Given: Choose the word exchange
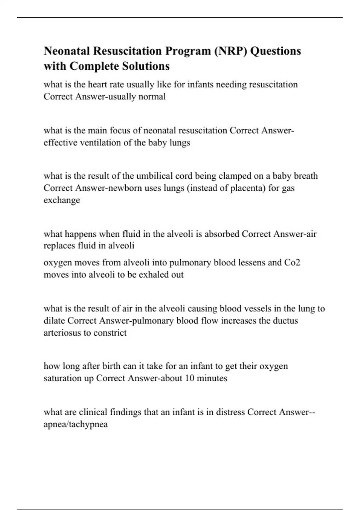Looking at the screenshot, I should click(62, 200).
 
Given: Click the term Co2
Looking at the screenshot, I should click(292, 262).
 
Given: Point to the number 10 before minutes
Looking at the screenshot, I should click(190, 378).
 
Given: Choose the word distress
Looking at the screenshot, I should click(230, 412).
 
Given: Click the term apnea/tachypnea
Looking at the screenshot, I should click(76, 424).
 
